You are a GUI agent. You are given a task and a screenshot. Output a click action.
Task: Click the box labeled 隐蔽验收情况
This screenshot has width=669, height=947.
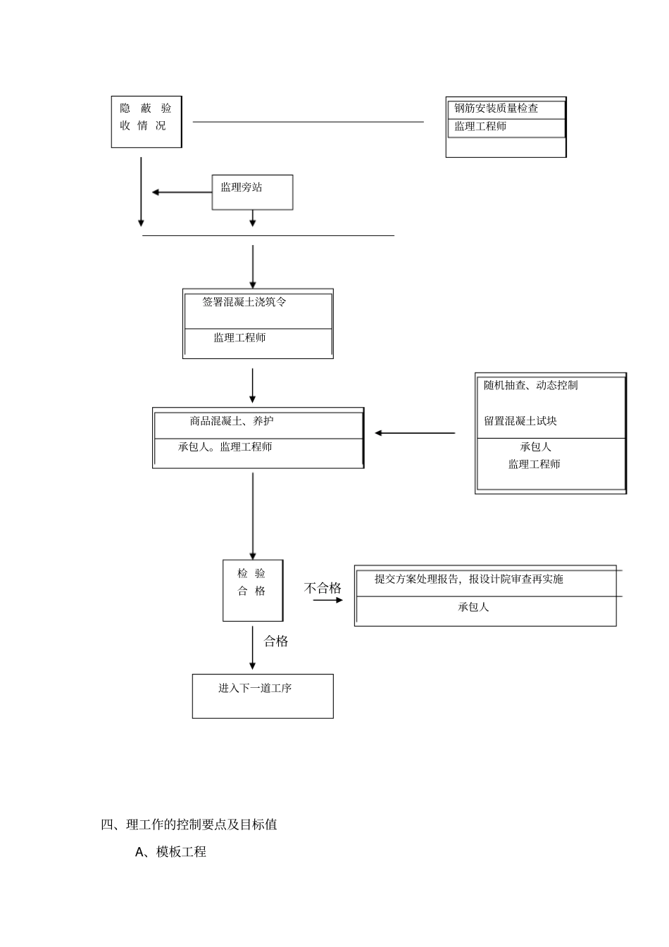tap(146, 122)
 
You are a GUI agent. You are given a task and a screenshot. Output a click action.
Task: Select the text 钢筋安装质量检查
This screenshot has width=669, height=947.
tap(496, 108)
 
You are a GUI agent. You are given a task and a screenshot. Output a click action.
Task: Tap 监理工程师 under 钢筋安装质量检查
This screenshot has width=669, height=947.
tap(480, 127)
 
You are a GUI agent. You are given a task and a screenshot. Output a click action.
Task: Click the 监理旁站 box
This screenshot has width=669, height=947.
tap(252, 192)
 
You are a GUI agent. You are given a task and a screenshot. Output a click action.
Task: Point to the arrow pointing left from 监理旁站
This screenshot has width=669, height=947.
tap(182, 192)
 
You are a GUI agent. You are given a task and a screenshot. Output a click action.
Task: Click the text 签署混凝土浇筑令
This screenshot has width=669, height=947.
tap(244, 302)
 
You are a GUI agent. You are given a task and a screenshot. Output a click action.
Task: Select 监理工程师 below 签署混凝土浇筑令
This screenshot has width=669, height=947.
tap(239, 338)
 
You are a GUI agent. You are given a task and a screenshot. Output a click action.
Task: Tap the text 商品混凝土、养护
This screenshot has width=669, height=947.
tap(232, 421)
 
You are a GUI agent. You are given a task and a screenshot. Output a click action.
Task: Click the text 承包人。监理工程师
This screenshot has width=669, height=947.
tap(225, 447)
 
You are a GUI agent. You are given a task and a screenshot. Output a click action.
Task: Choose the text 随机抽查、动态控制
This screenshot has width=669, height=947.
tap(531, 385)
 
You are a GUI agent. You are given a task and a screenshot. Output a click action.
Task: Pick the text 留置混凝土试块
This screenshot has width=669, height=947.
tap(520, 421)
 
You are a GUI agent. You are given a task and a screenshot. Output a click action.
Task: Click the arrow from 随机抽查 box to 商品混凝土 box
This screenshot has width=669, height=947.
tap(415, 433)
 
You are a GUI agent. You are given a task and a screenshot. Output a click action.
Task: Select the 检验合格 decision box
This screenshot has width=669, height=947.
tap(253, 590)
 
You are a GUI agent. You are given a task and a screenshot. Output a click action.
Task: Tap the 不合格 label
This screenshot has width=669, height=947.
tap(323, 588)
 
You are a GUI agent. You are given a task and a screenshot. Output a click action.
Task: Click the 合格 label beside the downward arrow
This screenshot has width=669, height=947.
tap(276, 641)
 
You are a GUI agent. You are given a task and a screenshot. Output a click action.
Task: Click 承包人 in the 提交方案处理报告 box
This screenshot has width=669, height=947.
tap(473, 607)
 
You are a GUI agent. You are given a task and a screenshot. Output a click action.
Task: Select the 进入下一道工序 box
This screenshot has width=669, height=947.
tap(263, 696)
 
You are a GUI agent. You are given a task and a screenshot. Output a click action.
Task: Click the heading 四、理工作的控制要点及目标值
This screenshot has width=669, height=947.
tap(189, 824)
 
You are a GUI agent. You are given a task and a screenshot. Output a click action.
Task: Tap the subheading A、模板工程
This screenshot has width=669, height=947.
tap(170, 852)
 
